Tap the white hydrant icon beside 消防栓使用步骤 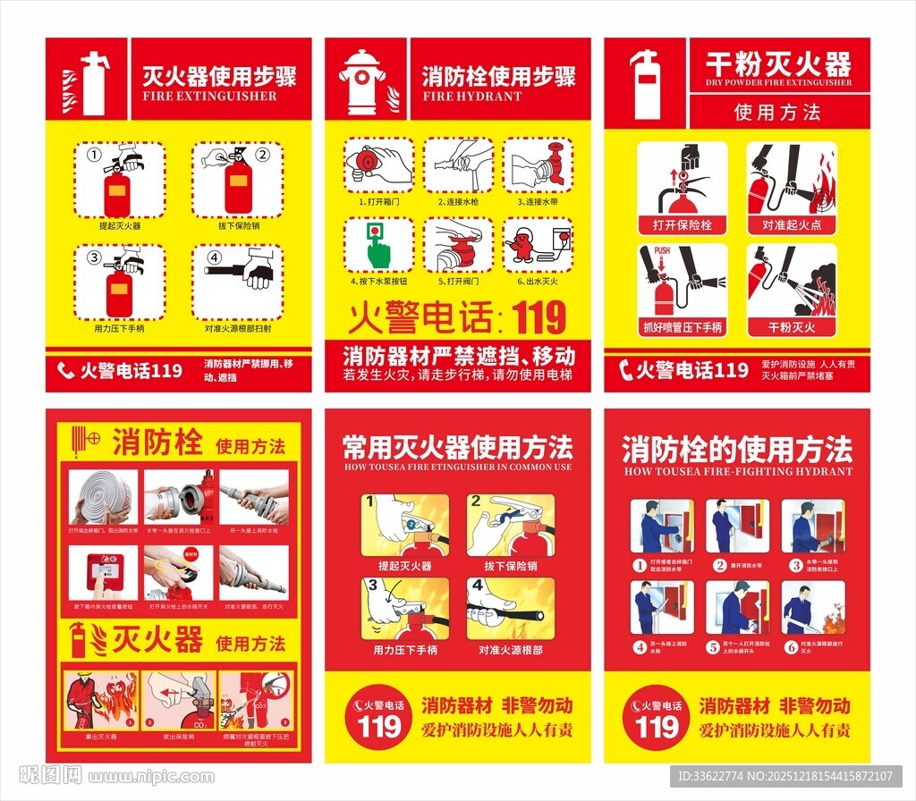pos(361,82)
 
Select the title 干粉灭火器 pos(777,64)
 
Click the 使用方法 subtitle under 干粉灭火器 pos(777,112)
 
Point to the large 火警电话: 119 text pos(457,317)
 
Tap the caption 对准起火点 pos(792,225)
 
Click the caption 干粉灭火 pos(792,327)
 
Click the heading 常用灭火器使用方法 pos(457,446)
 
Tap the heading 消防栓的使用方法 pos(737,449)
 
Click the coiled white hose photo pos(104,497)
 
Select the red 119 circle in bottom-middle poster pos(379,715)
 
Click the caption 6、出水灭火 pos(537,281)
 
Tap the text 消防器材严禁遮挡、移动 pos(457,355)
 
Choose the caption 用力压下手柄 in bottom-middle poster pos(405,650)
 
